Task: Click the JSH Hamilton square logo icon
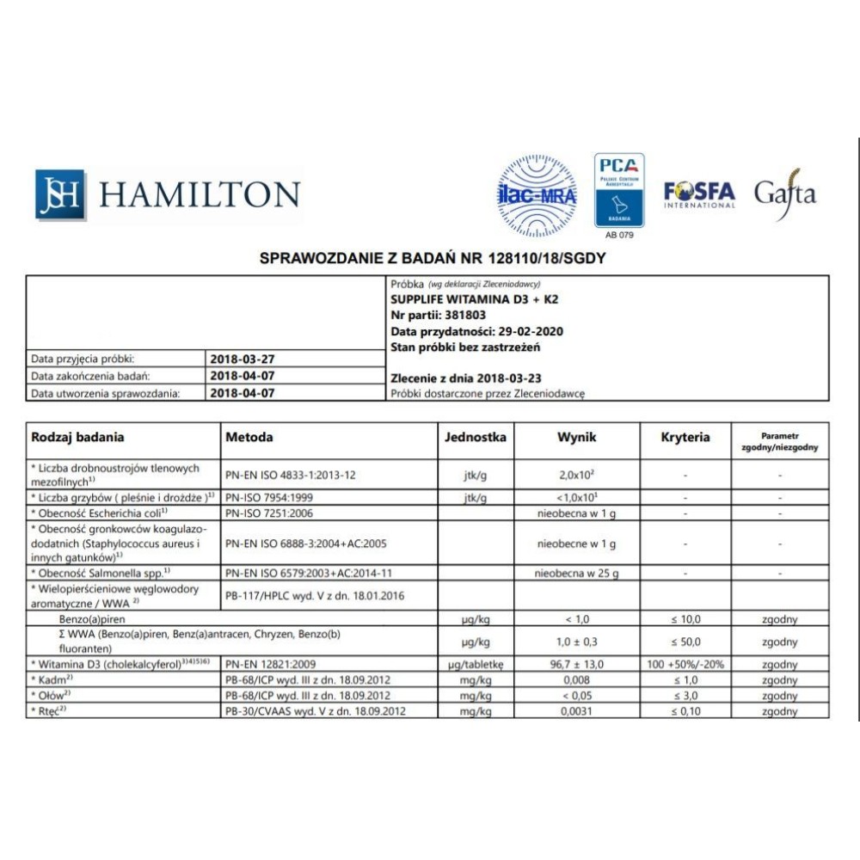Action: tap(60, 194)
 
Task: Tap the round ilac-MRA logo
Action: tap(537, 195)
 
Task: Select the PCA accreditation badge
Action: tap(619, 190)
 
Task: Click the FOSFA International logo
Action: tap(699, 194)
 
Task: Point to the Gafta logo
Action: tap(784, 193)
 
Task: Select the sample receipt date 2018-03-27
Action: tap(243, 359)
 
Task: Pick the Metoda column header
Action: tap(249, 437)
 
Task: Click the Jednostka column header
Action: tap(475, 437)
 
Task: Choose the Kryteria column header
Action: tap(685, 437)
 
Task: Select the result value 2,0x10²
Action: tap(575, 474)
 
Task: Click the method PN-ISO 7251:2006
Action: tap(270, 513)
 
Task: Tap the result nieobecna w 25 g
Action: tap(576, 573)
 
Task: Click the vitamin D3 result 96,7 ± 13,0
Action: tap(575, 665)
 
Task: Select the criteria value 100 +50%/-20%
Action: tap(685, 665)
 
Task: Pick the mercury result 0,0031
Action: tap(575, 711)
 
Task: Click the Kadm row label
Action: tap(52, 680)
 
